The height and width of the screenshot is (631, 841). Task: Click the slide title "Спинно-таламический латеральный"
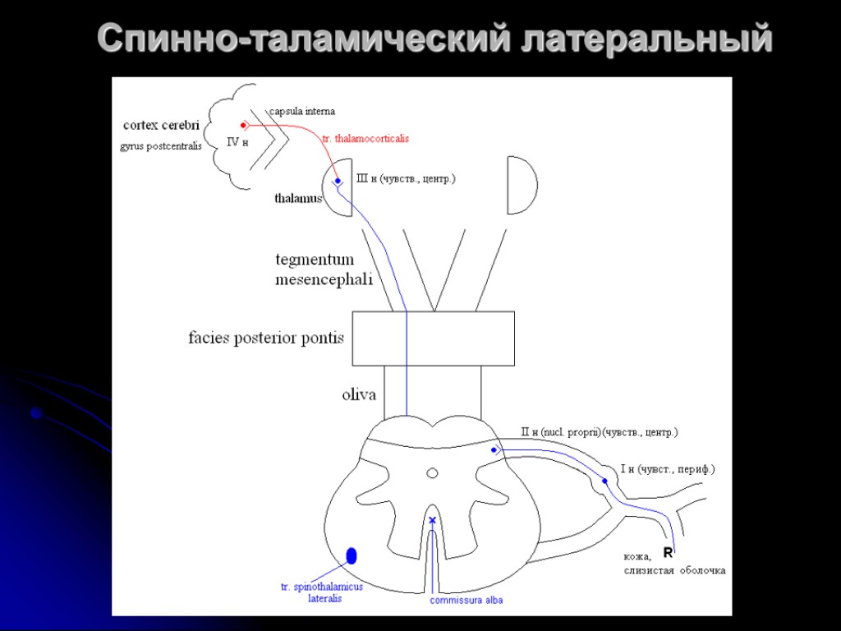pyautogui.click(x=434, y=39)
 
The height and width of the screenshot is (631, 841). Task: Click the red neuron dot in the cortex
pyautogui.click(x=244, y=126)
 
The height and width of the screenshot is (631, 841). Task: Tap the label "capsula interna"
pyautogui.click(x=302, y=111)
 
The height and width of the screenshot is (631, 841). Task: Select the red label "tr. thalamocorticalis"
pyautogui.click(x=365, y=139)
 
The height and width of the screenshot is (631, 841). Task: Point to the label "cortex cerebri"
pyautogui.click(x=161, y=126)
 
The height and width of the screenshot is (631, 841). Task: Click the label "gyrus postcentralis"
pyautogui.click(x=161, y=146)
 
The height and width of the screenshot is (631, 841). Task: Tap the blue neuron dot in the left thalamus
pyautogui.click(x=338, y=181)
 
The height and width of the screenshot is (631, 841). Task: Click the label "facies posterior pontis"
pyautogui.click(x=266, y=338)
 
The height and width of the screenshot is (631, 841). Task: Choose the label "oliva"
pyautogui.click(x=359, y=395)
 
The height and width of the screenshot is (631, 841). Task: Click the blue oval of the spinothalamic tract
pyautogui.click(x=352, y=555)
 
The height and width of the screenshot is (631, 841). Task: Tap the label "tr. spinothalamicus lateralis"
pyautogui.click(x=321, y=592)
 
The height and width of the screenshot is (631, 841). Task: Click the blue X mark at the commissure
pyautogui.click(x=433, y=520)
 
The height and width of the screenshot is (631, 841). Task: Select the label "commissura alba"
pyautogui.click(x=466, y=601)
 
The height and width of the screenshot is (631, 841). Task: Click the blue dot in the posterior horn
pyautogui.click(x=494, y=450)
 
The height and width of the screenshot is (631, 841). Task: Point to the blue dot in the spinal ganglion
pyautogui.click(x=604, y=481)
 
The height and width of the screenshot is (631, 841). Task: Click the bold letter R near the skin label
pyautogui.click(x=668, y=552)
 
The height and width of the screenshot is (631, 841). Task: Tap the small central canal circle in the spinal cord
pyautogui.click(x=432, y=472)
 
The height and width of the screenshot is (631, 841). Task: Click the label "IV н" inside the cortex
pyautogui.click(x=237, y=142)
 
